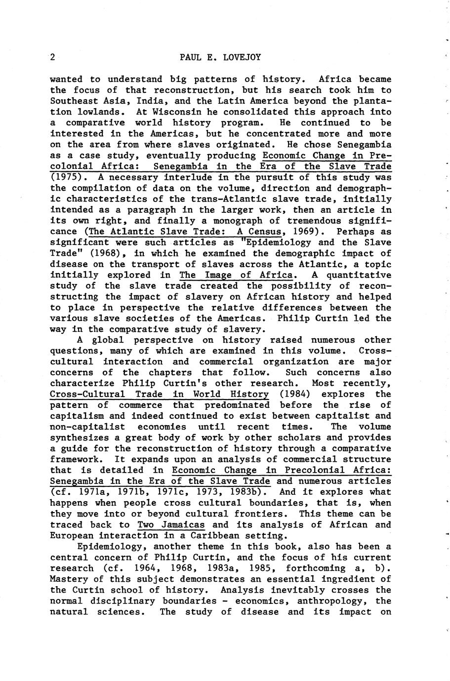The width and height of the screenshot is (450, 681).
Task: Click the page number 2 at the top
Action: pyautogui.click(x=52, y=57)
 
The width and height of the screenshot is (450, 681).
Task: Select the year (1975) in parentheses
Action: pyautogui.click(x=66, y=177)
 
